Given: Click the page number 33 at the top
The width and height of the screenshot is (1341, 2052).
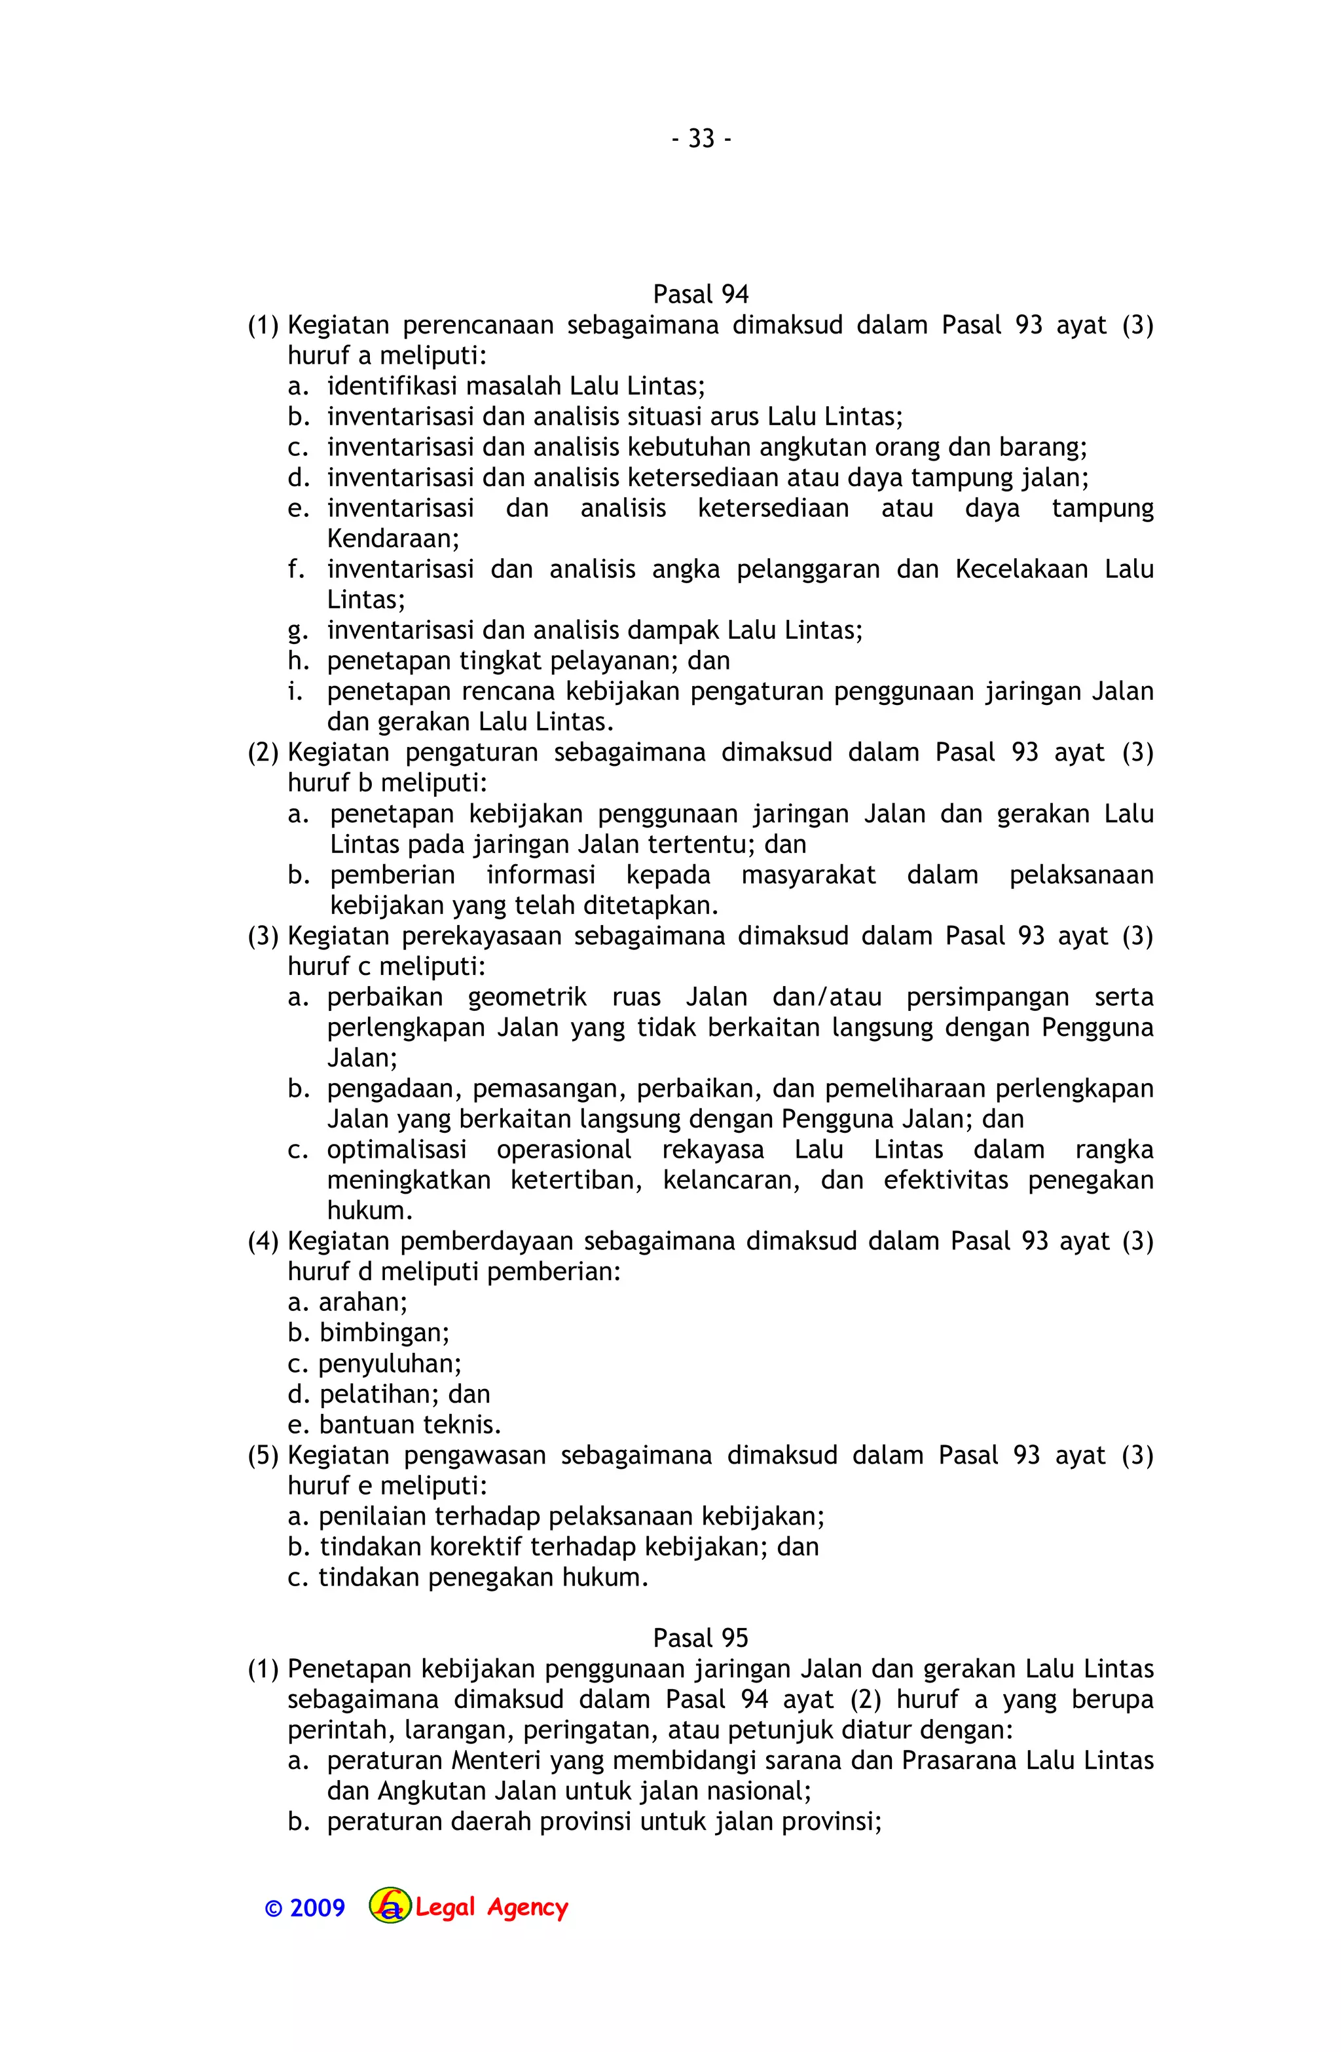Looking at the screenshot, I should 701,139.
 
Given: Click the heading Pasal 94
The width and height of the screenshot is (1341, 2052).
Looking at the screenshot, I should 700,295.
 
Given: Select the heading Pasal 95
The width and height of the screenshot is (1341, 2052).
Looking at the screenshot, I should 700,1638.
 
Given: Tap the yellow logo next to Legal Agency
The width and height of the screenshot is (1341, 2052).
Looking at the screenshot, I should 390,1907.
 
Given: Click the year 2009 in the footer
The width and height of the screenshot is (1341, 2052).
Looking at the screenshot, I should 317,1908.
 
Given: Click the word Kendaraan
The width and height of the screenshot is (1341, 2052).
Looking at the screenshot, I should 392,539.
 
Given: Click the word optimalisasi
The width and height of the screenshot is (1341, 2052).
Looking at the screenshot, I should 396,1150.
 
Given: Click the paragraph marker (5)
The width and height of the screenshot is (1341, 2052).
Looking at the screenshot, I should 263,1455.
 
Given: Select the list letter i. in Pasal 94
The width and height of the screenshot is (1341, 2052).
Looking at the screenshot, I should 295,691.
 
